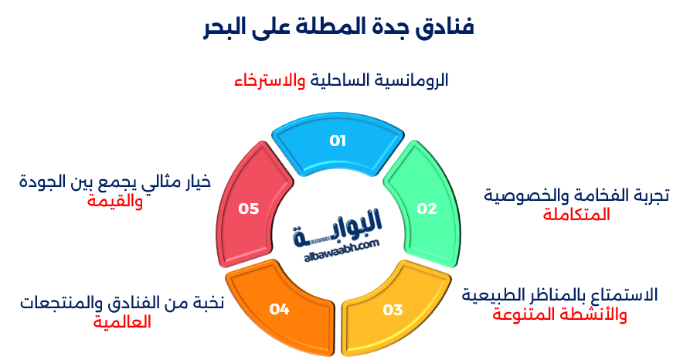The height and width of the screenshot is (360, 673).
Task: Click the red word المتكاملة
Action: [x=576, y=215]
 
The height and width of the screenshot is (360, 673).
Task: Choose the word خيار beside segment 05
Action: [x=195, y=182]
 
